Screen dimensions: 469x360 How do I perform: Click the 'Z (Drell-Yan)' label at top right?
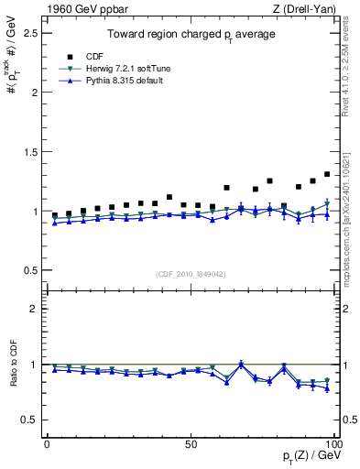[307, 8]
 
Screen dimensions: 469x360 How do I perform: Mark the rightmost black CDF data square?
[327, 174]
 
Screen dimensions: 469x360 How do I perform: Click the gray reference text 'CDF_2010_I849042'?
[191, 274]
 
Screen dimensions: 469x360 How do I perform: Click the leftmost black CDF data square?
[54, 215]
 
